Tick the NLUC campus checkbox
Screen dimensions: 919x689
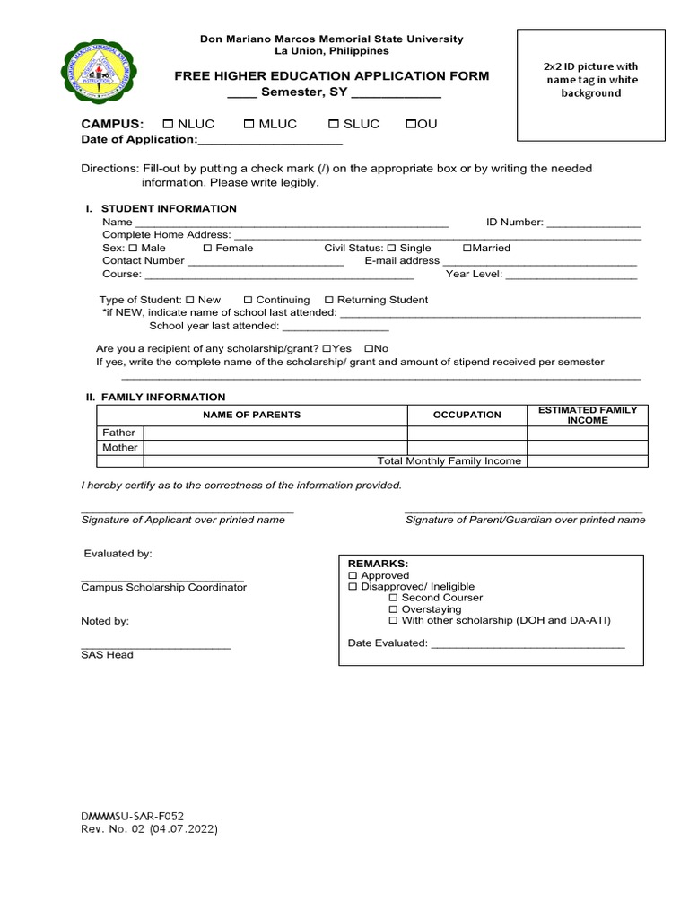coord(168,125)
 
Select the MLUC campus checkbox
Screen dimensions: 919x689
coord(249,125)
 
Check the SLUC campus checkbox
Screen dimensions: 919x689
coord(333,125)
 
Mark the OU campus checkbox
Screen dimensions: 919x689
coord(411,125)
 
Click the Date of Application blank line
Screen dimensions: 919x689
coord(269,142)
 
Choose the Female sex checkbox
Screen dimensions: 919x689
coord(207,249)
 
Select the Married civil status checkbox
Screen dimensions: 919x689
coord(467,249)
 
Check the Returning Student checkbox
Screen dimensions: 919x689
coord(328,300)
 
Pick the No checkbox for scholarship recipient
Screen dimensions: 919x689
coord(369,348)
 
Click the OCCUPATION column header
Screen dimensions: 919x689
coord(467,415)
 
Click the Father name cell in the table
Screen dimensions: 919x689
coord(275,433)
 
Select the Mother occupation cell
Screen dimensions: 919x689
coord(467,447)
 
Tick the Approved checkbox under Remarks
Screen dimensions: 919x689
coord(353,575)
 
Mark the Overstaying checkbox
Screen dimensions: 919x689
coord(393,609)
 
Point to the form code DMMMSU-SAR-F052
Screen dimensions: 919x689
coord(132,816)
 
